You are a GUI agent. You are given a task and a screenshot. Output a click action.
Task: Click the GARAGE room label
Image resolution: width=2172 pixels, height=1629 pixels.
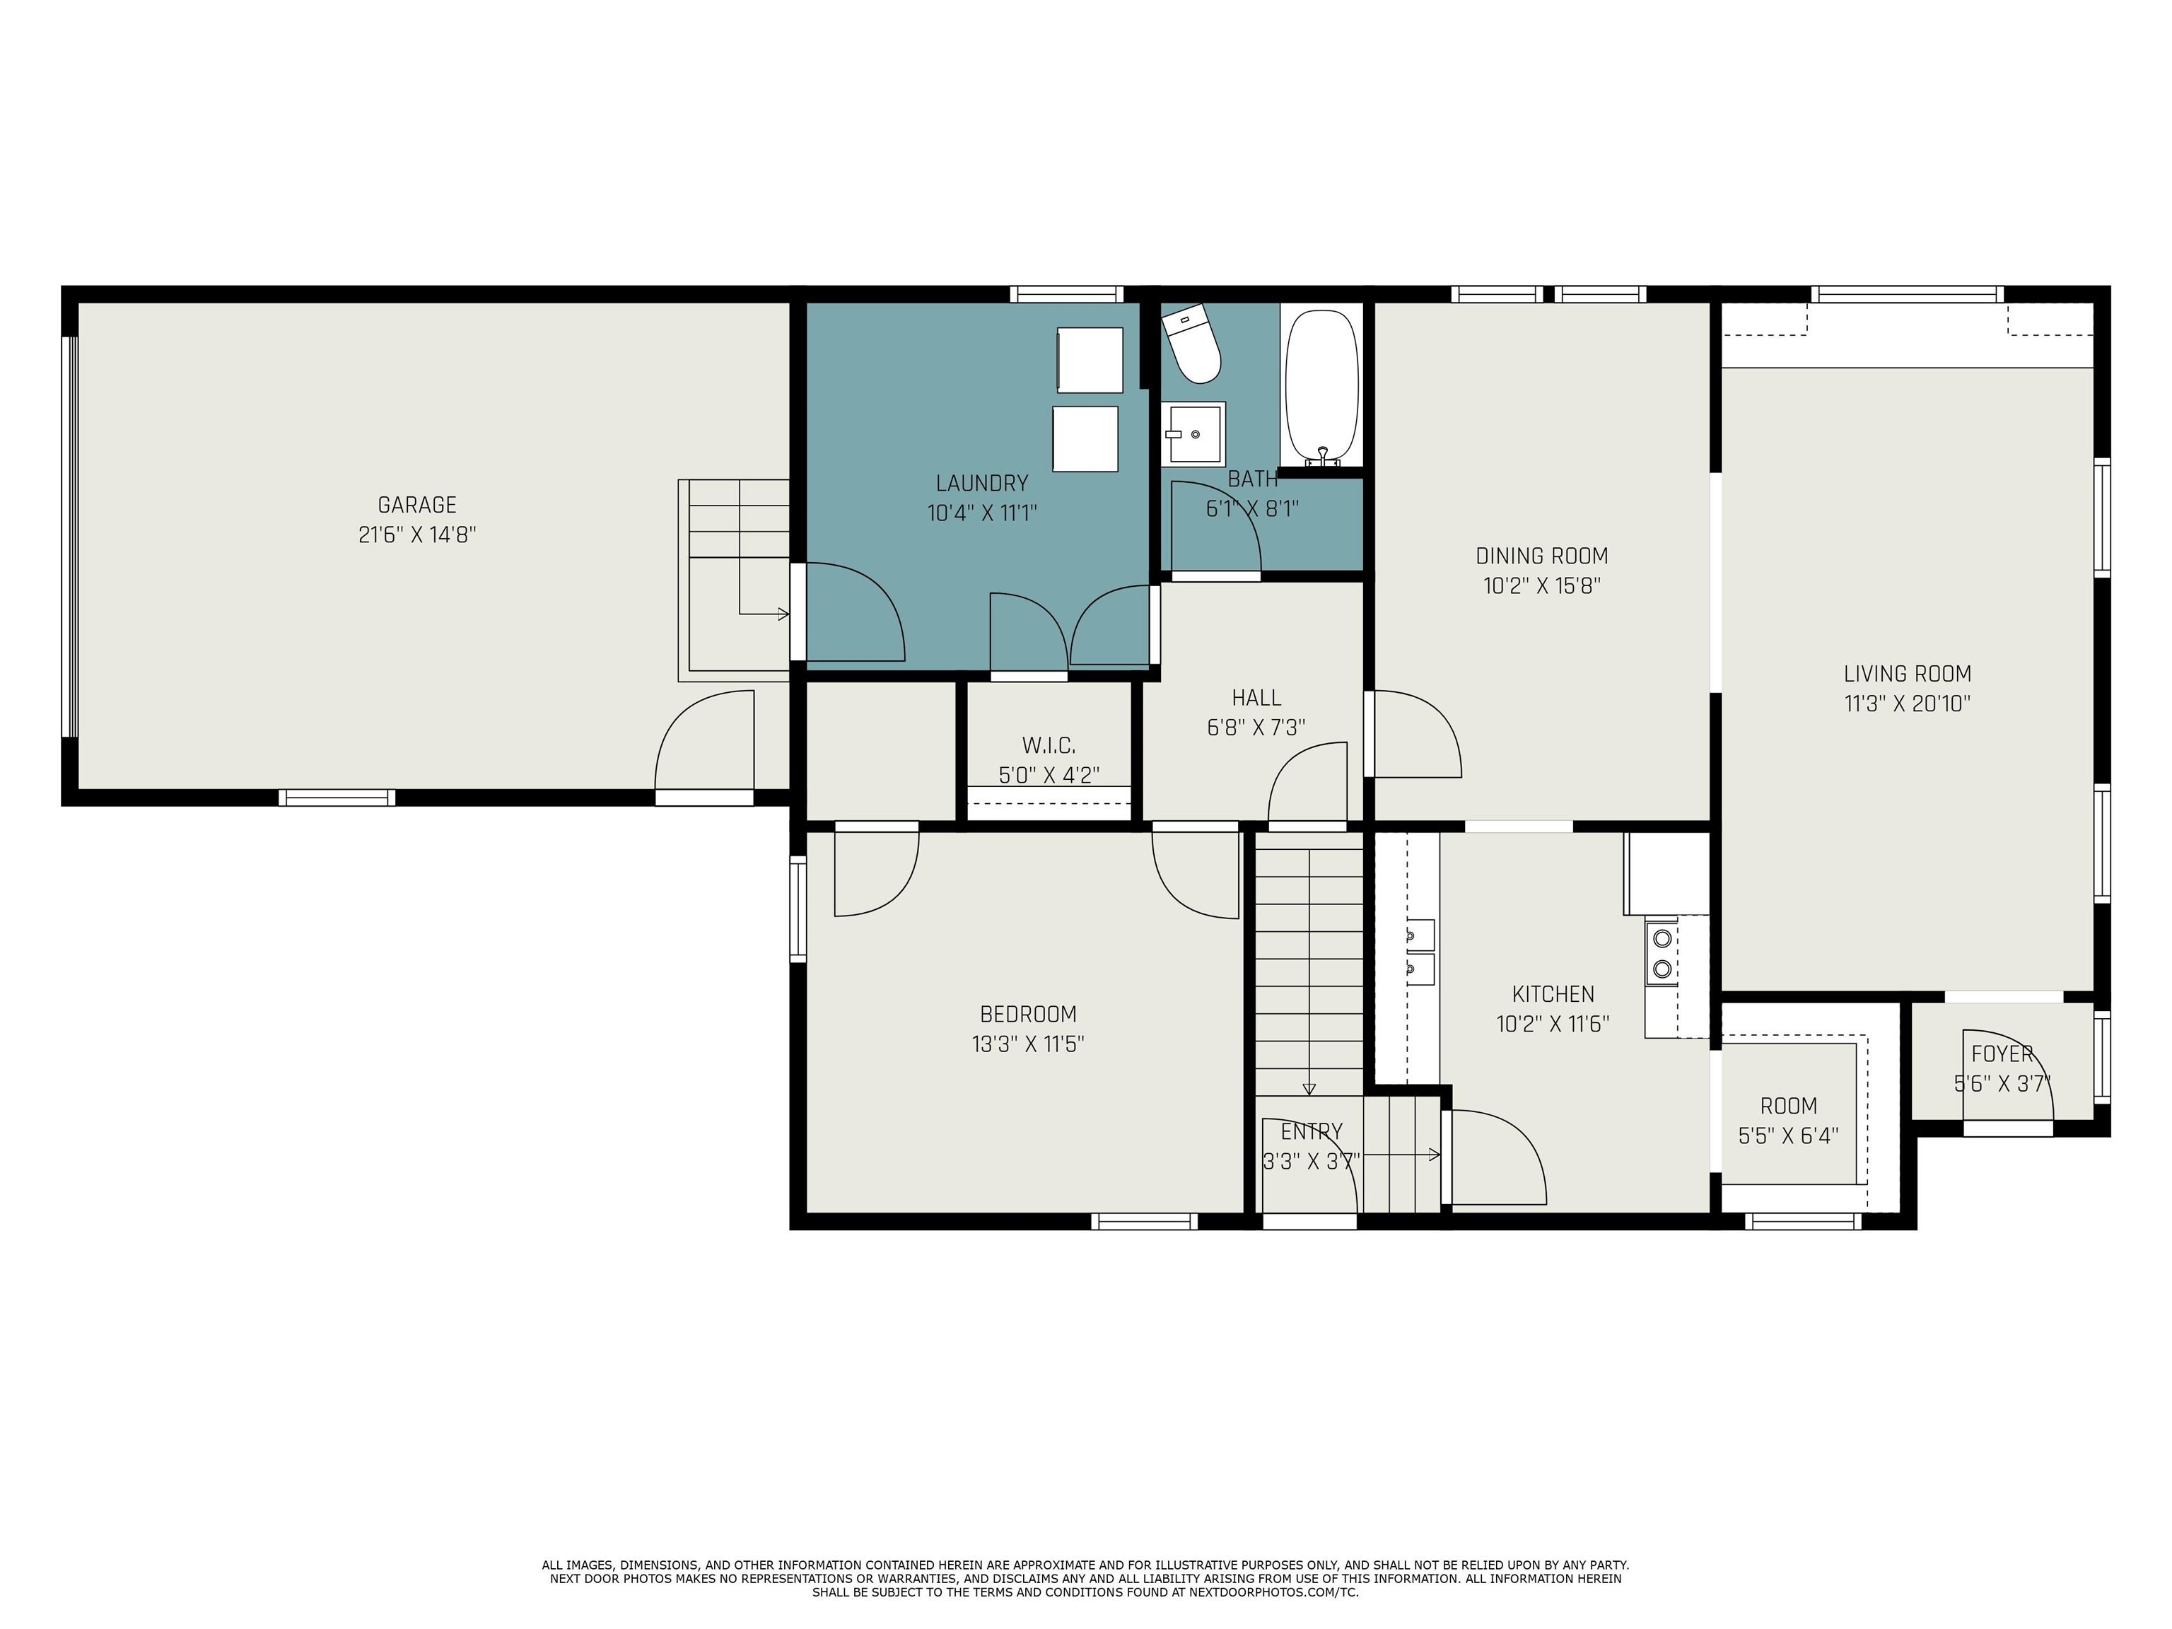click(416, 505)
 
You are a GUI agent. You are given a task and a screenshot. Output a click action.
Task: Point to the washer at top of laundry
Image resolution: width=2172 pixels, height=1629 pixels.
click(1089, 359)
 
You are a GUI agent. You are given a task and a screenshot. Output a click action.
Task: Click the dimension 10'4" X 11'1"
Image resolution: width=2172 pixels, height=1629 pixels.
click(982, 513)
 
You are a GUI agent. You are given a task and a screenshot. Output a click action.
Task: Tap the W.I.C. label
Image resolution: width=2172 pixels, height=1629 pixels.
click(1048, 745)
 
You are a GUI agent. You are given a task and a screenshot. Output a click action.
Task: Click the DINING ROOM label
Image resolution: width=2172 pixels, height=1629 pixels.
click(1541, 556)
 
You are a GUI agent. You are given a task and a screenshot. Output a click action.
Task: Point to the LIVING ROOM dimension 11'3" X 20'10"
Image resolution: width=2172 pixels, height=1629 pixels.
click(1907, 703)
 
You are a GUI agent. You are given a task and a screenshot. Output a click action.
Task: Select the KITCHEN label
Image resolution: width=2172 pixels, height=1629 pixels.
click(1553, 993)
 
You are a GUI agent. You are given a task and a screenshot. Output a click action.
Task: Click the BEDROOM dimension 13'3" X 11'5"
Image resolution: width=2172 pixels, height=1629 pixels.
click(1027, 1044)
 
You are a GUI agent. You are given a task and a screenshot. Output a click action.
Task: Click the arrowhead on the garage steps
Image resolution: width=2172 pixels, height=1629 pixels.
click(783, 614)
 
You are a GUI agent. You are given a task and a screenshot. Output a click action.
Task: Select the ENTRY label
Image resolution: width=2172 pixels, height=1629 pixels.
click(1311, 1131)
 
